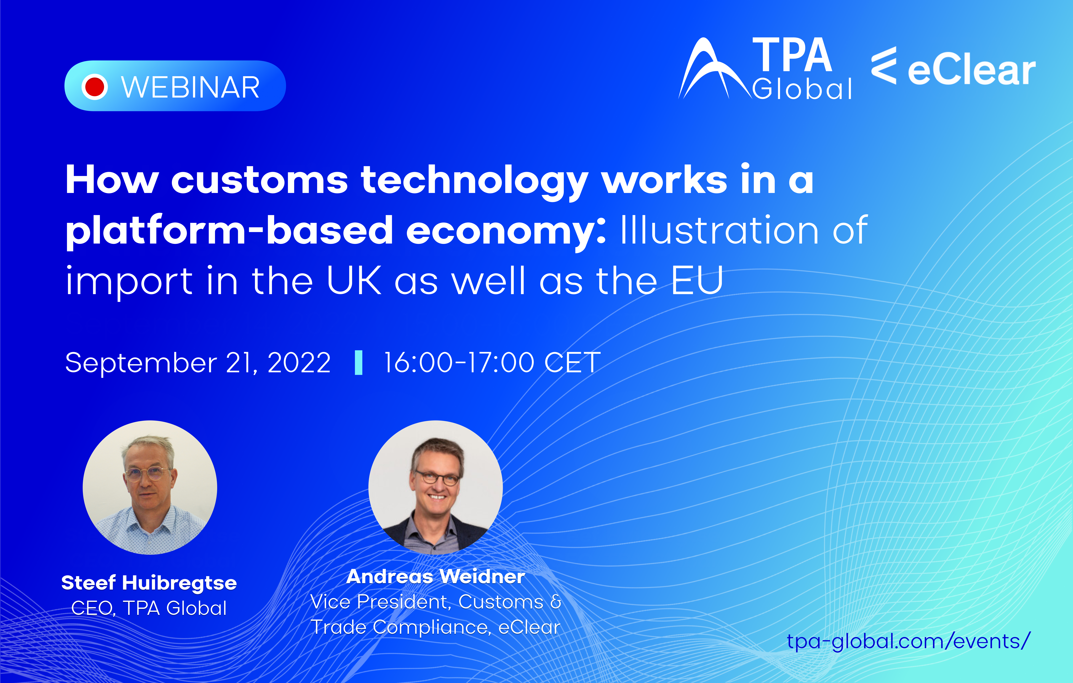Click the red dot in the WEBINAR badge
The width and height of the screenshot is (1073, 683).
(95, 86)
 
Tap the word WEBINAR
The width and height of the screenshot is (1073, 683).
(191, 87)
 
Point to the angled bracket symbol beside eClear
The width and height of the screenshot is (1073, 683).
(884, 66)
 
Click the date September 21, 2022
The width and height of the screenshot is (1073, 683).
(198, 362)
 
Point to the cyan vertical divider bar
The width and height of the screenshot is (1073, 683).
(358, 362)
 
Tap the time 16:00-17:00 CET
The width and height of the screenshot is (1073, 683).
(492, 362)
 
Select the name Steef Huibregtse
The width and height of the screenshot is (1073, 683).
(149, 583)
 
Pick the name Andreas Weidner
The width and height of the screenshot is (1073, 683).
(436, 577)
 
